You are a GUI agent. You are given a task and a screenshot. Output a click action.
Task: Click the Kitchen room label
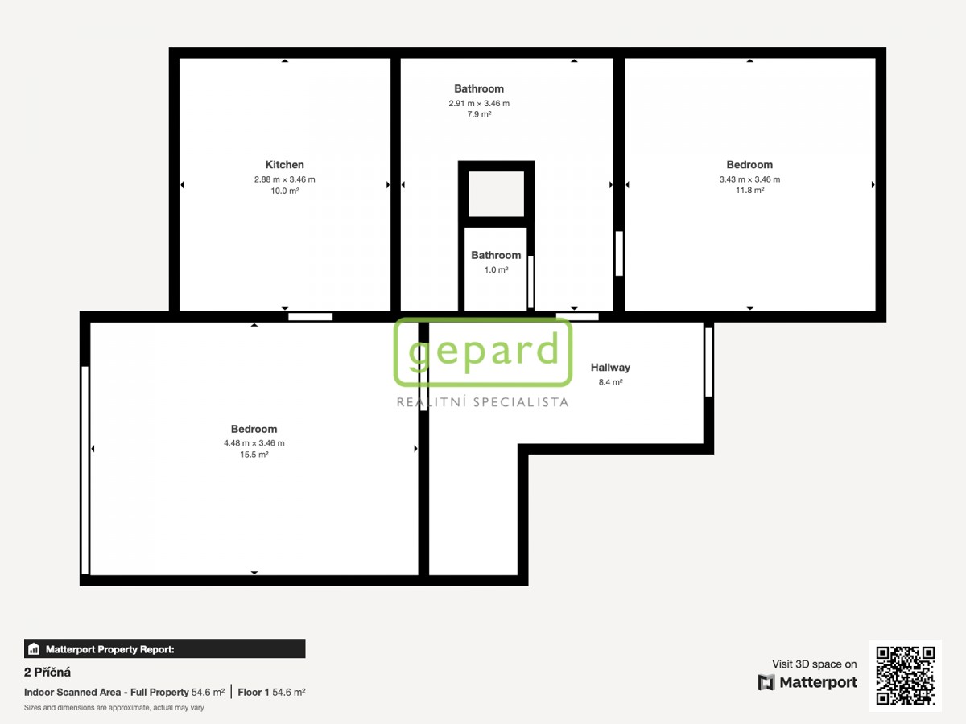pyautogui.click(x=284, y=165)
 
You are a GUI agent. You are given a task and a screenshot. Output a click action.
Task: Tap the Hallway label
pyautogui.click(x=610, y=368)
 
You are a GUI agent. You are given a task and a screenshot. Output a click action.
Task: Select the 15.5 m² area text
pyautogui.click(x=254, y=455)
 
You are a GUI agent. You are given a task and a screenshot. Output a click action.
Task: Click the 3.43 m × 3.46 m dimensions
pyautogui.click(x=749, y=179)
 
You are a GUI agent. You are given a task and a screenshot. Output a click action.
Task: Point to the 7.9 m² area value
pyautogui.click(x=479, y=114)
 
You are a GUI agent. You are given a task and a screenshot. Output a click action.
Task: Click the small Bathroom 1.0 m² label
pyautogui.click(x=496, y=262)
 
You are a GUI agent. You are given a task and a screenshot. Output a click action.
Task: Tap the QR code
pyautogui.click(x=906, y=675)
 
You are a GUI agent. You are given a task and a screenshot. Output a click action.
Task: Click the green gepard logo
pyautogui.click(x=483, y=352)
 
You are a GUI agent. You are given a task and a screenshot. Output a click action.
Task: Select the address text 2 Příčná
pyautogui.click(x=47, y=673)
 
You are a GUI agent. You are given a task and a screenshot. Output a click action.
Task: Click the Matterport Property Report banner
pyautogui.click(x=164, y=649)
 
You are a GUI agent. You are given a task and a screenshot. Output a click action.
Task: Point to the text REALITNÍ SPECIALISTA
pyautogui.click(x=482, y=402)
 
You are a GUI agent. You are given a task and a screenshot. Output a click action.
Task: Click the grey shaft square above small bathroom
pyautogui.click(x=496, y=194)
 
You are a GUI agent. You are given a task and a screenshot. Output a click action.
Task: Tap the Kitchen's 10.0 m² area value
pyautogui.click(x=284, y=191)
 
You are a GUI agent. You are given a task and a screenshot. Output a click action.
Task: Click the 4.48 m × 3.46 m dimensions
pyautogui.click(x=254, y=443)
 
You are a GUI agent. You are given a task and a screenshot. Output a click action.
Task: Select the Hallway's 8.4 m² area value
pyautogui.click(x=610, y=382)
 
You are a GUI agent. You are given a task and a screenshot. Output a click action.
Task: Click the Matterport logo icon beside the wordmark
pyautogui.click(x=766, y=682)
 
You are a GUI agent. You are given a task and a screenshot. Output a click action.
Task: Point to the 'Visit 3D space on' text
pyautogui.click(x=814, y=664)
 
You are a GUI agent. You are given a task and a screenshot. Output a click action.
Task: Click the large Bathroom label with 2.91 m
pyautogui.click(x=479, y=88)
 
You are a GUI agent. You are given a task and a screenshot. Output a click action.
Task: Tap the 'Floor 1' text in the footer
pyautogui.click(x=253, y=693)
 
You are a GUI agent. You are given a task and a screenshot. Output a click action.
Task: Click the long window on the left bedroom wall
pyautogui.click(x=85, y=470)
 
